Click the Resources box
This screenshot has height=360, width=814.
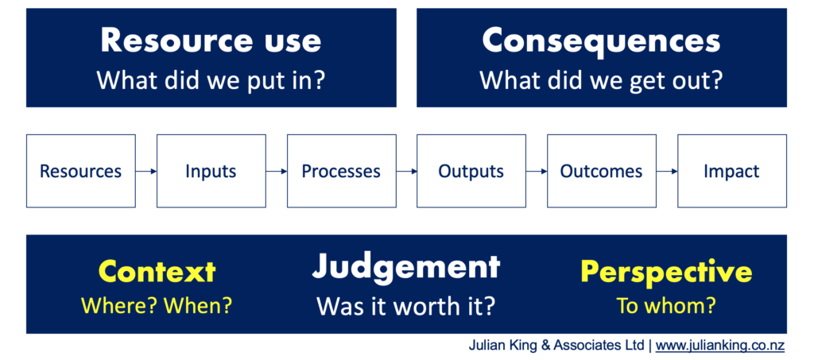pyautogui.click(x=81, y=171)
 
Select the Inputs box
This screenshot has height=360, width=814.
pyautogui.click(x=211, y=171)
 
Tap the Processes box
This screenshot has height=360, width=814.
pyautogui.click(x=341, y=171)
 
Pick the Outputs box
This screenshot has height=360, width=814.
pyautogui.click(x=471, y=171)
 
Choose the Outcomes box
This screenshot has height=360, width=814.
pyautogui.click(x=602, y=171)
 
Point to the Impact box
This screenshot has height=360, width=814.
pyautogui.click(x=732, y=171)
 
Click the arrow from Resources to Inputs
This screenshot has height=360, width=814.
pyautogui.click(x=146, y=171)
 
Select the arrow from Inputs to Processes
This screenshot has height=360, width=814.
pyautogui.click(x=277, y=171)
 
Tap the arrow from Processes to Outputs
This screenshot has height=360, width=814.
pyautogui.click(x=406, y=171)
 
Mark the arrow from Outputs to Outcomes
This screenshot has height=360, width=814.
pyautogui.click(x=537, y=171)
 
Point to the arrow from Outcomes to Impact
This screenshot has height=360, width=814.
pyautogui.click(x=667, y=171)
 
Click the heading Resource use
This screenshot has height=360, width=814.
pyautogui.click(x=211, y=41)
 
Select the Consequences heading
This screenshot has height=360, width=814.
pyautogui.click(x=601, y=41)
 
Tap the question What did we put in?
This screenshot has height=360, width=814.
pyautogui.click(x=211, y=80)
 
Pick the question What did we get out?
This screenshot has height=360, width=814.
pyautogui.click(x=601, y=81)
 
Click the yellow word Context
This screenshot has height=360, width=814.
pyautogui.click(x=157, y=271)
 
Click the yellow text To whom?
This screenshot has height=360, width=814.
pyautogui.click(x=666, y=305)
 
